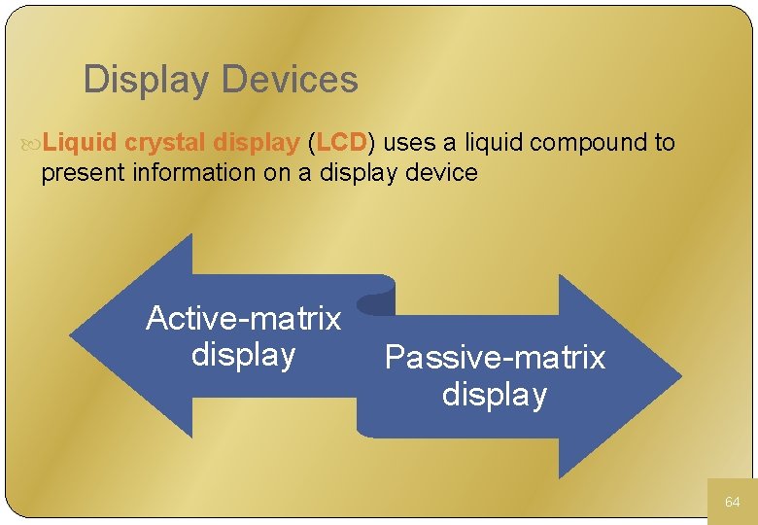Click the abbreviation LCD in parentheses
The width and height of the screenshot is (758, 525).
340,143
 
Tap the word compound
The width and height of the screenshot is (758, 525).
589,143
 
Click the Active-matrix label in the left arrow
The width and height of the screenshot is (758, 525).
243,319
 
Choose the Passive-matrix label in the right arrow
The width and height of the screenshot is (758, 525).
495,358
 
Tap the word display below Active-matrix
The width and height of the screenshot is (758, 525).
243,355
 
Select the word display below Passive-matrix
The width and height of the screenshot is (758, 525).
495,395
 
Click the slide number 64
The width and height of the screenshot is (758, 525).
732,502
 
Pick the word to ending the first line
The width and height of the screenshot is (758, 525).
665,143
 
